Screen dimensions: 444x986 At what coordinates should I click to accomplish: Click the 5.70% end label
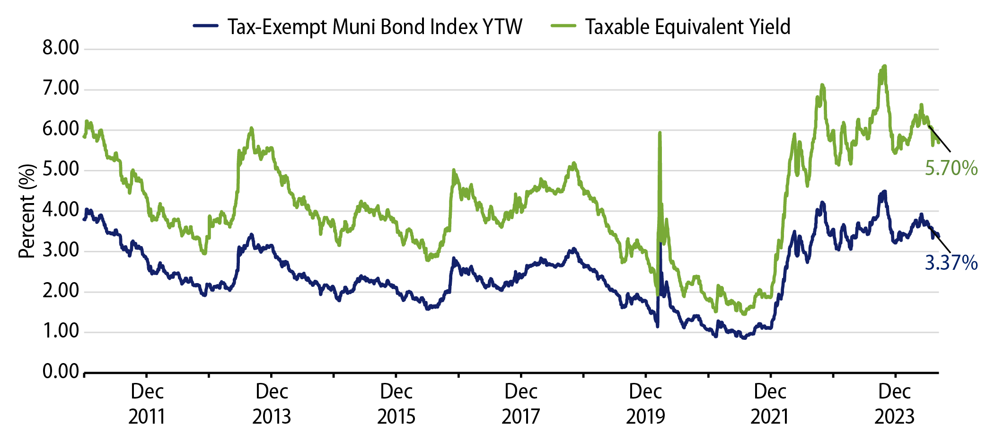951,169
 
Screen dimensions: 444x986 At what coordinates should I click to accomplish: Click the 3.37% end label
951,263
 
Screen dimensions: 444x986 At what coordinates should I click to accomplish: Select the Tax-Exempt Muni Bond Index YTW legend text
374,27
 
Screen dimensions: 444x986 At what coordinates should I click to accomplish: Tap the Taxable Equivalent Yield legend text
687,27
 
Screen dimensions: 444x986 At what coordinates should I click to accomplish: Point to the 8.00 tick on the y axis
61,48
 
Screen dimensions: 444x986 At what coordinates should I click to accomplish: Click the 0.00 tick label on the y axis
61,372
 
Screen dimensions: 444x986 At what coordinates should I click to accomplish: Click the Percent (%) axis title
27,211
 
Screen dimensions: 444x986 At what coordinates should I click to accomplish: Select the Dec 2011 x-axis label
147,404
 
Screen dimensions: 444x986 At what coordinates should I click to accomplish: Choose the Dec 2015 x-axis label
396,404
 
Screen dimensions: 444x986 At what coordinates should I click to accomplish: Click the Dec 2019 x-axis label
645,404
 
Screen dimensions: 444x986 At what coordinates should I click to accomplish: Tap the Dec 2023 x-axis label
894,404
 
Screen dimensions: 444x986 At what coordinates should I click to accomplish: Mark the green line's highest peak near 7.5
884,67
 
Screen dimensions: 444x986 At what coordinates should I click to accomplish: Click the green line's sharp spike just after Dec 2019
660,133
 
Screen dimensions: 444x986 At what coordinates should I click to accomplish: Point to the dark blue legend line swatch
206,26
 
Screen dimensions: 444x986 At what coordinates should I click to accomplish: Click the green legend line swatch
563,26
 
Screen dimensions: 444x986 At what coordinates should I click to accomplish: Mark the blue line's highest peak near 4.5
884,192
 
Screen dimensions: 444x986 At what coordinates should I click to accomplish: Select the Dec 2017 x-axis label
520,404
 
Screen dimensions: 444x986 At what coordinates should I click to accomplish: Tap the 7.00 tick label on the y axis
61,89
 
